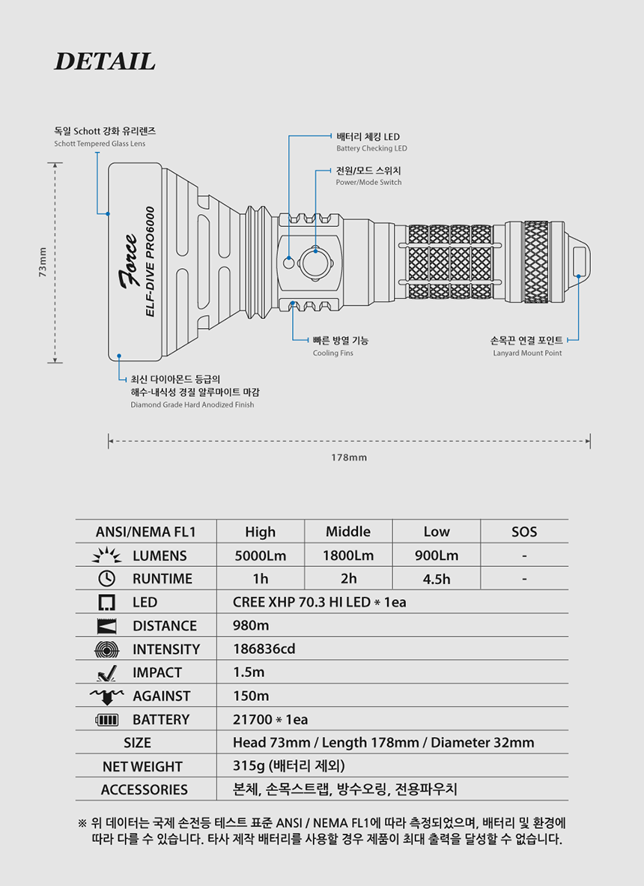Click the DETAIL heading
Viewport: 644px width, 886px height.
(105, 61)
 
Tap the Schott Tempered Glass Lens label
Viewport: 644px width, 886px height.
(100, 143)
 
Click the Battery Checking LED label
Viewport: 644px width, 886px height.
(371, 148)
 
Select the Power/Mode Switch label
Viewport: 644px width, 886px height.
(368, 182)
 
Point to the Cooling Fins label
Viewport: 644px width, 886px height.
(332, 353)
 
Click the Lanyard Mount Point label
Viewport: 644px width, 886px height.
(526, 353)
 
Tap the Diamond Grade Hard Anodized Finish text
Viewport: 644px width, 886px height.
(192, 404)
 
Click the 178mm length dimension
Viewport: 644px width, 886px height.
(349, 457)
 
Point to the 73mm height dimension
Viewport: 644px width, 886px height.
(42, 262)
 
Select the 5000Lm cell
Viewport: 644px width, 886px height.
(260, 556)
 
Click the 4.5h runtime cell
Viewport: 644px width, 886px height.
(436, 579)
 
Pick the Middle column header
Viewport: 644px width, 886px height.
(347, 532)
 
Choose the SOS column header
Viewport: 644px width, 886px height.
(524, 532)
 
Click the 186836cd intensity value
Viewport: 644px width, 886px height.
(264, 649)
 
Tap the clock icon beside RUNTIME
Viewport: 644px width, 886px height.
(106, 578)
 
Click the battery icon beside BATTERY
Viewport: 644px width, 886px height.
(106, 720)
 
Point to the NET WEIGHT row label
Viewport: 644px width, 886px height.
(142, 766)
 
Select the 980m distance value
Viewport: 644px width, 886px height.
(251, 625)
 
